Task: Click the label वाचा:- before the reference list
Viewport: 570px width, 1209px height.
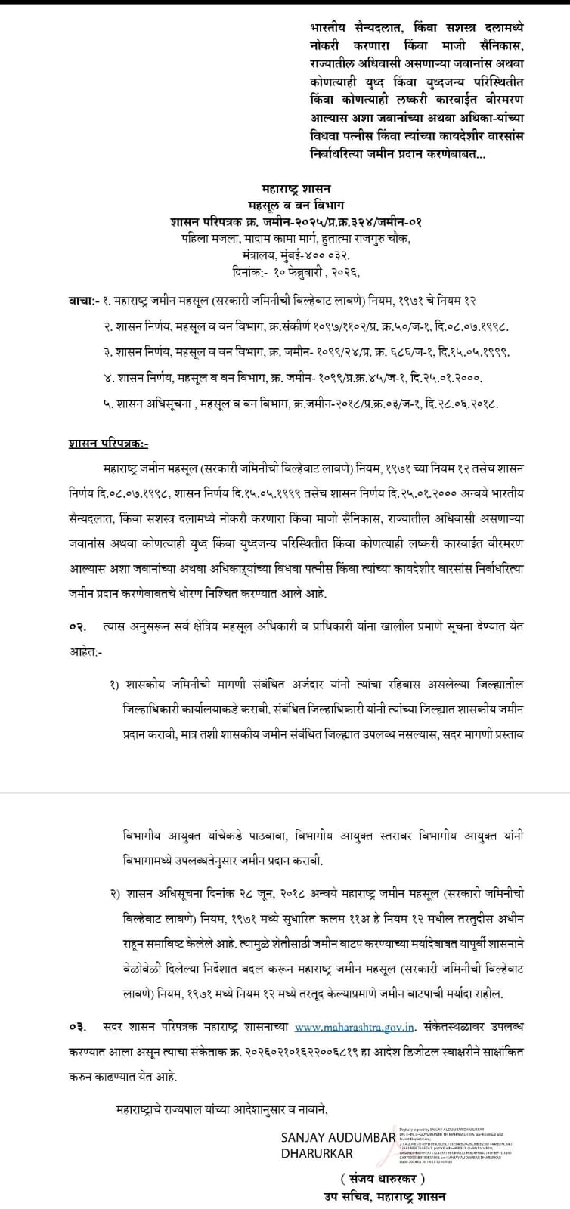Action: (x=81, y=301)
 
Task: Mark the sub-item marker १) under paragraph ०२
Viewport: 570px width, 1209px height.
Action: (x=115, y=685)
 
